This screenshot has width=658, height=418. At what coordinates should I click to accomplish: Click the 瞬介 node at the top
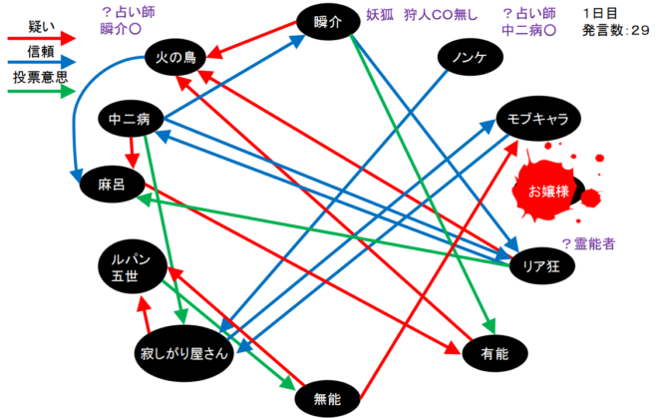click(328, 22)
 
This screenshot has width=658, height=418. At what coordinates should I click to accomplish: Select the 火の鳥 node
click(175, 57)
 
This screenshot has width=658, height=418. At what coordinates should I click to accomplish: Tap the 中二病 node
click(130, 119)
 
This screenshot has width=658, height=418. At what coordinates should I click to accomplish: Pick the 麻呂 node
click(113, 185)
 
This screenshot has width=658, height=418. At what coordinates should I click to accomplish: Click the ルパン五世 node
click(133, 267)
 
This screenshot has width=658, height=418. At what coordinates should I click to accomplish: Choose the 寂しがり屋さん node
click(184, 353)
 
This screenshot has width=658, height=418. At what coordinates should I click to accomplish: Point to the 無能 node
click(327, 399)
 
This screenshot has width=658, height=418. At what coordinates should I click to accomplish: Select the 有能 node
click(495, 354)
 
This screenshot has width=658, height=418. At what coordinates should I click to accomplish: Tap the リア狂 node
click(541, 266)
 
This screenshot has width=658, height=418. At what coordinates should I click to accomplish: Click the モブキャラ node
click(538, 119)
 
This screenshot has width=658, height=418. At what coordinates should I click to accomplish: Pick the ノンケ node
click(470, 57)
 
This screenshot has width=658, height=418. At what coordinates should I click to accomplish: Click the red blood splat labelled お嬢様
click(549, 191)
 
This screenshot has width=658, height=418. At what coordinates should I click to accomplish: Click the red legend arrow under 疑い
click(41, 39)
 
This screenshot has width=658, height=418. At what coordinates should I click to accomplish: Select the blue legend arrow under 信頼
click(41, 63)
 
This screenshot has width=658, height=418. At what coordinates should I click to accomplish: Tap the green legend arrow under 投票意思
click(41, 91)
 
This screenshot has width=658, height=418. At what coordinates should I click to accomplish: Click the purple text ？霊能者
click(588, 243)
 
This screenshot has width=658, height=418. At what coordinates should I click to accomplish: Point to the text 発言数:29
click(615, 30)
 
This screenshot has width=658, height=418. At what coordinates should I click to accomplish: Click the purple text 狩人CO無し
click(441, 15)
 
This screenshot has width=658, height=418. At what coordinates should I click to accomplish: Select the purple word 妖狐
click(380, 15)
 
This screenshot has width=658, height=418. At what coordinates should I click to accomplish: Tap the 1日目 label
click(599, 13)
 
